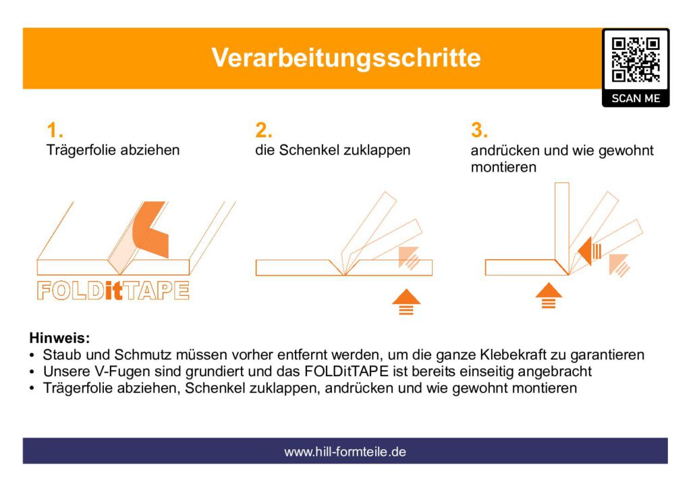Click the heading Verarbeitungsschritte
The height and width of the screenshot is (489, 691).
coord(346,58)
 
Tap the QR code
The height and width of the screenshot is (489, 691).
coord(636,60)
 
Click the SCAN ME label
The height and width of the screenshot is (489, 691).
coord(636,99)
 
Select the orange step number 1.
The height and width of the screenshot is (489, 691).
coord(55,130)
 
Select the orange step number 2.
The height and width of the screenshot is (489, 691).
coord(264,130)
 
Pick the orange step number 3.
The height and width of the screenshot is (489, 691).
coord(479,130)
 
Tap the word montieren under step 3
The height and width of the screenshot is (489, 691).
coord(503,168)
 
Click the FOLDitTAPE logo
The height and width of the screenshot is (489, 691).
coord(113,290)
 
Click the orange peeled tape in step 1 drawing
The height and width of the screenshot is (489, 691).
coord(150,229)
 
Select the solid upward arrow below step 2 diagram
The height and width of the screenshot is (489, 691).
coord(406,302)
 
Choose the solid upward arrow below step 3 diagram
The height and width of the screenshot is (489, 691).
coord(549,295)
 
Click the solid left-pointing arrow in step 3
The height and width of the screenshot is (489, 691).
coord(589,251)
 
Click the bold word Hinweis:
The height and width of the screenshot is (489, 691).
coord(59,338)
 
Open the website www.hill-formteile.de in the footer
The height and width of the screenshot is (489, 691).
coord(345,452)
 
